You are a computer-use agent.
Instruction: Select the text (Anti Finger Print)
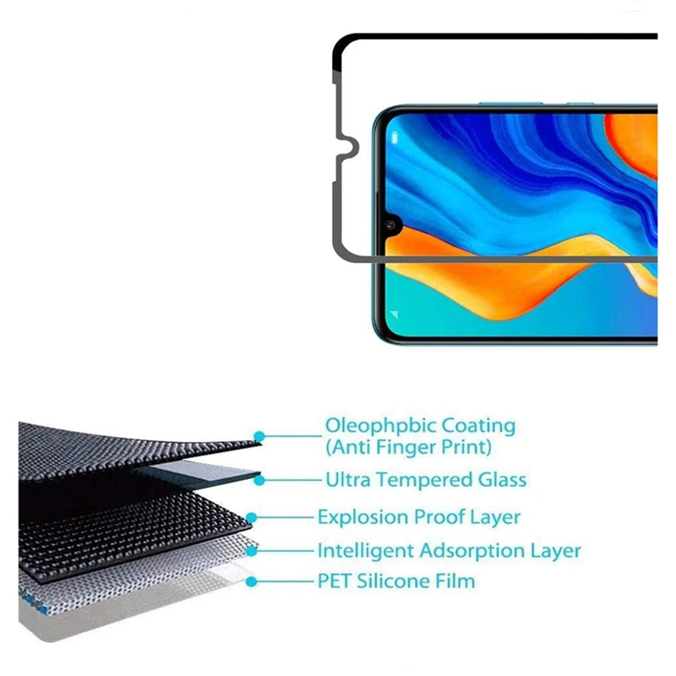click(x=409, y=447)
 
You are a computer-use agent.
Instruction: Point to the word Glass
click(x=502, y=480)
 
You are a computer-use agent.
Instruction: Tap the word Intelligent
click(x=366, y=551)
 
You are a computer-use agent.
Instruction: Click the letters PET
click(x=335, y=581)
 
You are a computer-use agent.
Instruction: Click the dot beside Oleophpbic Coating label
click(x=259, y=436)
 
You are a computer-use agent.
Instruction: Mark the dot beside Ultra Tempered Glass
click(x=259, y=480)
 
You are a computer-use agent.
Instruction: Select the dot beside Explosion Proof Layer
click(x=251, y=517)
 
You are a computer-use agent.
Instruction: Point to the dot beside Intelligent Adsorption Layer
click(x=251, y=551)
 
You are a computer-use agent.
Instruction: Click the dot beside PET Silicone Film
click(x=251, y=581)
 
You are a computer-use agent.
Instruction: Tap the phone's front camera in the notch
click(x=391, y=225)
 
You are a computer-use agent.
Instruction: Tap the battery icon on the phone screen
click(x=394, y=138)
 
